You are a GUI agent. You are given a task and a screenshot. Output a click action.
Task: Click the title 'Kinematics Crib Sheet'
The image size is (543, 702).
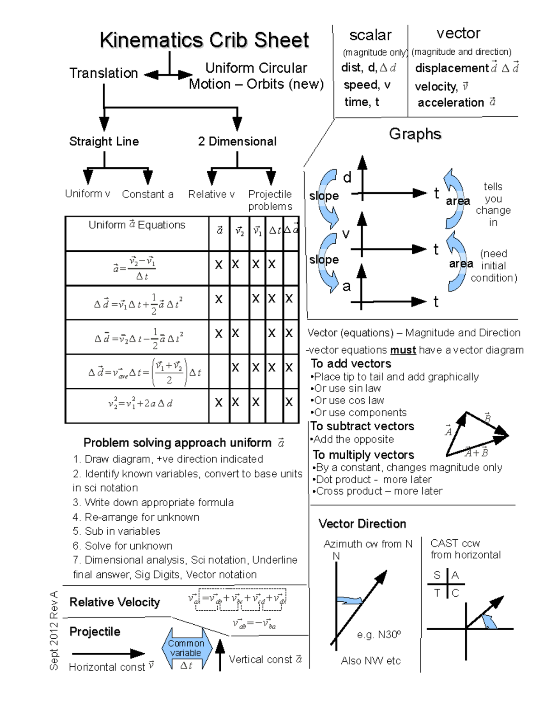click(204, 40)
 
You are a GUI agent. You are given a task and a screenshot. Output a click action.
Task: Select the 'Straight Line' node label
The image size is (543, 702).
click(104, 141)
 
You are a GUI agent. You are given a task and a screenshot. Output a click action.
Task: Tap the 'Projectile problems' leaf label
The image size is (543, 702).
click(270, 200)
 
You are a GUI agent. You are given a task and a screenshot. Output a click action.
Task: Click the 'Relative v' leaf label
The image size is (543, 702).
click(211, 194)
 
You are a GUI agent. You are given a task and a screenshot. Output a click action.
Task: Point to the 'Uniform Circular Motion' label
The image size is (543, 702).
click(256, 76)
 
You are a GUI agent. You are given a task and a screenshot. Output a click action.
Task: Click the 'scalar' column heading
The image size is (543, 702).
click(370, 35)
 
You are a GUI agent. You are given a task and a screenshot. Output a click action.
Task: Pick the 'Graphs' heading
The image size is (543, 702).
click(415, 134)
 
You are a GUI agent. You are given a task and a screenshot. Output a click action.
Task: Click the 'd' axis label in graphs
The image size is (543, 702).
click(347, 178)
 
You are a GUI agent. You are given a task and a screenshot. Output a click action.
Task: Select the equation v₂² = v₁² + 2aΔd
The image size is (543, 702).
click(140, 403)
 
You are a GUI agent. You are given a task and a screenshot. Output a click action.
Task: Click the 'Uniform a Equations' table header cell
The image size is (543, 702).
click(137, 225)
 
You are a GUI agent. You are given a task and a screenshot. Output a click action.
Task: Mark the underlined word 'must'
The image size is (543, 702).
click(403, 350)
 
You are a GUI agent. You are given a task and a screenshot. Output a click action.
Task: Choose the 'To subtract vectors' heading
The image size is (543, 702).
click(362, 426)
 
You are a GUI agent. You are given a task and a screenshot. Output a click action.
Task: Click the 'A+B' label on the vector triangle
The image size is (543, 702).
click(477, 452)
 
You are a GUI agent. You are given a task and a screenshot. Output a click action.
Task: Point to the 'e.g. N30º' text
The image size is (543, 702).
click(378, 635)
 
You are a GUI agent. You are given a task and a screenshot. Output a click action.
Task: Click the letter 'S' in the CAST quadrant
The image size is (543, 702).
click(437, 575)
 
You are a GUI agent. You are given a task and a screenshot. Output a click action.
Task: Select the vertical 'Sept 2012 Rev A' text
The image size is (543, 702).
click(54, 631)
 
